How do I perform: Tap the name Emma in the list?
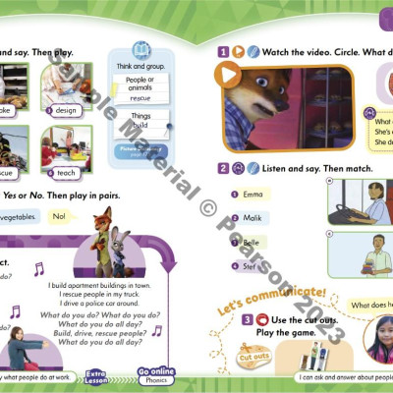253,195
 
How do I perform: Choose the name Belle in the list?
253,241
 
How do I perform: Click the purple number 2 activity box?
224,168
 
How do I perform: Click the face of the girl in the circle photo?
377,335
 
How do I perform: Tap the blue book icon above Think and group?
141,48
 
